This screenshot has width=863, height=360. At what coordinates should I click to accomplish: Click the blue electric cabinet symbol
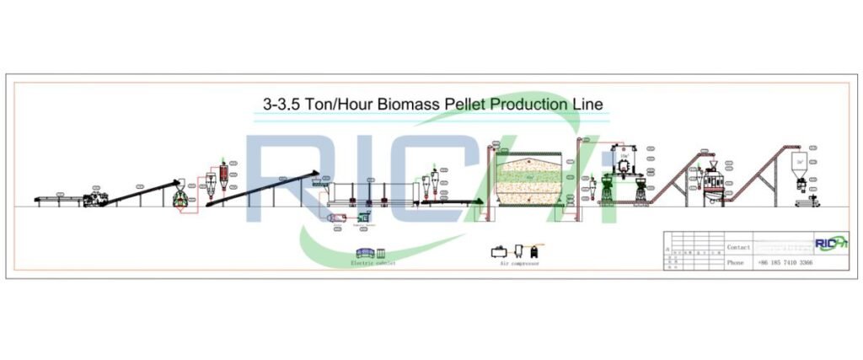[x=367, y=252]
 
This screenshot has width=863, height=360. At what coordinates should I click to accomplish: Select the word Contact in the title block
[x=738, y=247]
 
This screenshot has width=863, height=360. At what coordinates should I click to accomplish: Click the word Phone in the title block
[x=736, y=263]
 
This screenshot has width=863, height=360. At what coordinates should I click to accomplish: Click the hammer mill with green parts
[x=180, y=197]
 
